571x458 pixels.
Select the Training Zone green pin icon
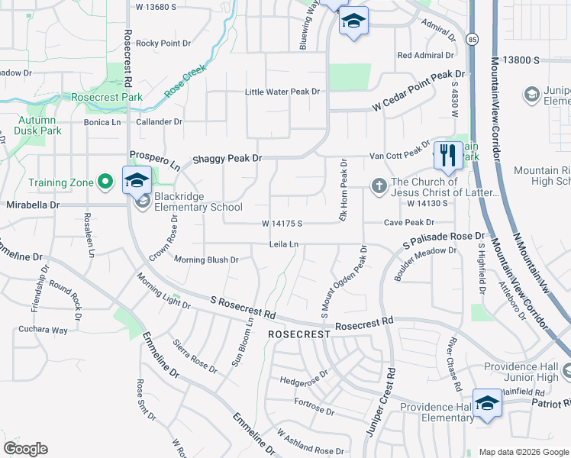tap(106, 182)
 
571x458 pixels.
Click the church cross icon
tap(377, 185)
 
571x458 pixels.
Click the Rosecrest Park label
tap(107, 98)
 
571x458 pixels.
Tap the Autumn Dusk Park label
tap(37, 125)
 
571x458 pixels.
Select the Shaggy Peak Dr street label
tap(227, 158)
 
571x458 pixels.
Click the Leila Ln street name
tap(282, 244)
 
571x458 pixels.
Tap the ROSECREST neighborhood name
tap(298, 334)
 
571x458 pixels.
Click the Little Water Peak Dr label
tap(282, 92)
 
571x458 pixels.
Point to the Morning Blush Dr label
tap(206, 260)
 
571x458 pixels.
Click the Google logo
tap(24, 449)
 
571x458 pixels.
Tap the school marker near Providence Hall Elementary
tap(486, 403)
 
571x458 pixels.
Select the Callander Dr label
tap(159, 121)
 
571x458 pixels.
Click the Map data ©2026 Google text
tap(523, 452)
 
